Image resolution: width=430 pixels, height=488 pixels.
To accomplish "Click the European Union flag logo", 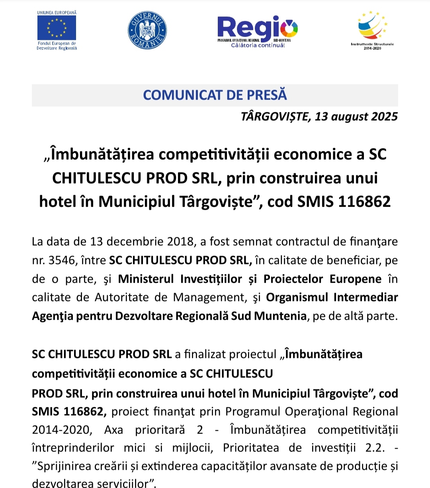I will coord(57,28).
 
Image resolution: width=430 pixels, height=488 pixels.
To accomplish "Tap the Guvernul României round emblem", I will coord(147,31).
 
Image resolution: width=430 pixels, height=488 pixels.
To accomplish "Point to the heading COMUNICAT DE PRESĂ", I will coord(215,95).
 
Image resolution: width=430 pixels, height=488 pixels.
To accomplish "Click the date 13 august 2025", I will coord(356,117).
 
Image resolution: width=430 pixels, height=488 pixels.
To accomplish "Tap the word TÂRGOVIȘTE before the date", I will coord(276,117).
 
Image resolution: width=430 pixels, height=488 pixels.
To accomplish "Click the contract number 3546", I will coord(62,260).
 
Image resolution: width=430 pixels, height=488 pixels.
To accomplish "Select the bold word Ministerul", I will coord(146,279).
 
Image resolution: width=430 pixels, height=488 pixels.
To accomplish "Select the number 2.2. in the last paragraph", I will coord(375,448).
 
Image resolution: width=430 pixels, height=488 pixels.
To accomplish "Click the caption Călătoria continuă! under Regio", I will coord(258,45).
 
